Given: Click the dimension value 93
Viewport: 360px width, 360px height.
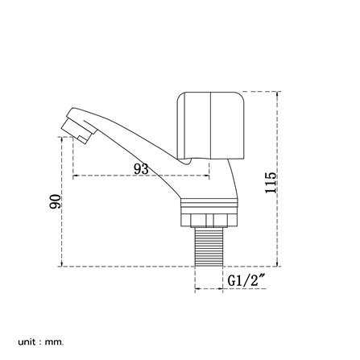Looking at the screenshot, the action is coord(141,169).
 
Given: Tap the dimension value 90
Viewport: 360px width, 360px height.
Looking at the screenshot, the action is coord(55,201).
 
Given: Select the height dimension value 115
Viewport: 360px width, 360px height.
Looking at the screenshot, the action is coord(271,183).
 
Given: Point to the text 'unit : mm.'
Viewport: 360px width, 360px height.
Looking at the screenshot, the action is coord(41,334).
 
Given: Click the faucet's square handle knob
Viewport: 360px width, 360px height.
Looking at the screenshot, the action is coord(211,126).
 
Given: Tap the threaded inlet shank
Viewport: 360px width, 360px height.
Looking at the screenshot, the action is coord(209,246).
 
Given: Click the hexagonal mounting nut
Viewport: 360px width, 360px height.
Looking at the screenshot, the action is coord(209,220).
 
